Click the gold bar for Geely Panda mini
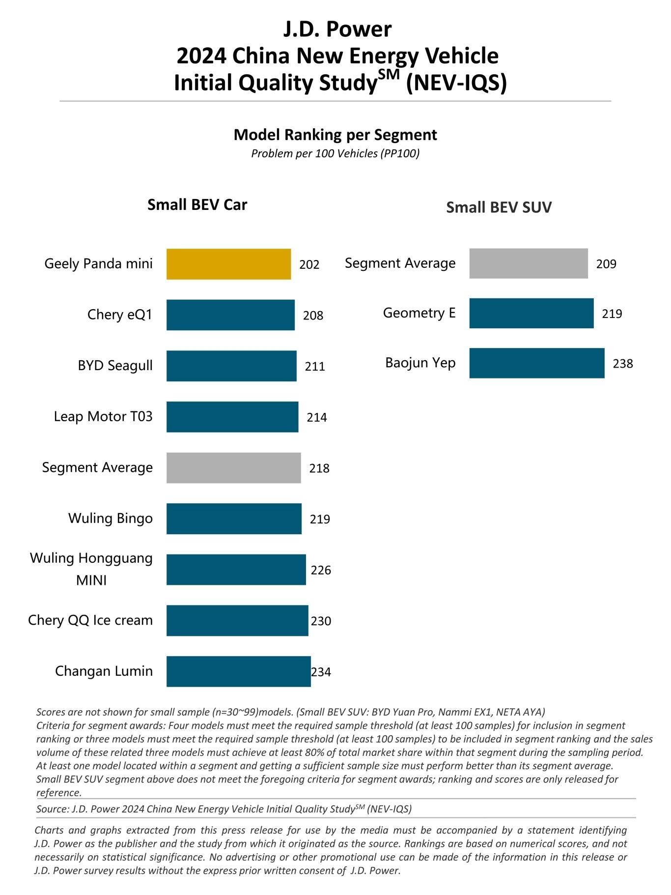(x=228, y=264)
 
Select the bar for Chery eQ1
(x=230, y=315)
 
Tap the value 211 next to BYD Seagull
(x=314, y=366)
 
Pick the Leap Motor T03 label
(x=103, y=417)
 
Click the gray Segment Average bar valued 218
(x=233, y=468)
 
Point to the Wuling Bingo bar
(x=234, y=519)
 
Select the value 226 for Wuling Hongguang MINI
(x=321, y=570)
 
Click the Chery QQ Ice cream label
(x=90, y=620)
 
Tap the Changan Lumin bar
(x=238, y=671)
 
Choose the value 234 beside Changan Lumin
(x=321, y=672)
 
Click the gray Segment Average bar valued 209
(x=529, y=263)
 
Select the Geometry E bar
(x=531, y=313)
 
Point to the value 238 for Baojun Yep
(x=622, y=364)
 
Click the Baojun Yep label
(x=420, y=363)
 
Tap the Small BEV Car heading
(x=197, y=204)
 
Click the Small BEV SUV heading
(x=499, y=207)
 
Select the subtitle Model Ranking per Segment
(x=335, y=135)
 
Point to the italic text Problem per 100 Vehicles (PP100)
(x=335, y=153)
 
